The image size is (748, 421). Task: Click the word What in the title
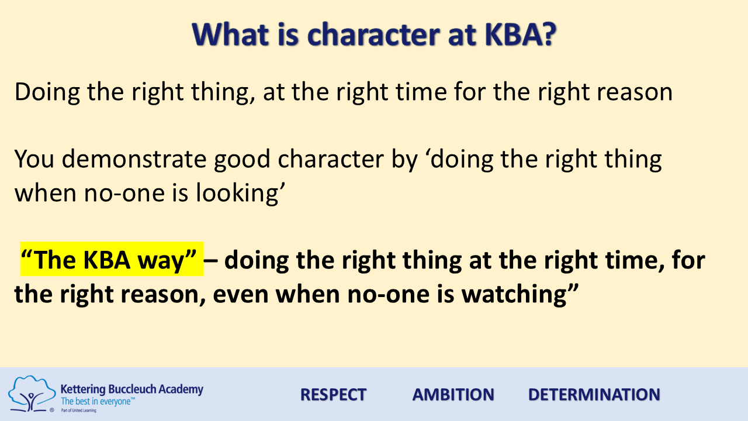pyautogui.click(x=230, y=34)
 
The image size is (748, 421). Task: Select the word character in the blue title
pyautogui.click(x=373, y=35)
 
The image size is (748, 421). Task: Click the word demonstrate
pyautogui.click(x=134, y=159)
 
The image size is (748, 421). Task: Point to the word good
pyautogui.click(x=242, y=159)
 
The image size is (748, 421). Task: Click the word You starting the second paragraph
pyautogui.click(x=34, y=159)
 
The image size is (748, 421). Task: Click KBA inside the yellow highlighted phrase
pyautogui.click(x=106, y=260)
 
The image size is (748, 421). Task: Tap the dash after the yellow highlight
pyautogui.click(x=210, y=261)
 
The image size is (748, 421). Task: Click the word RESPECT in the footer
pyautogui.click(x=333, y=395)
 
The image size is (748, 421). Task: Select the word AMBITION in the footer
pyautogui.click(x=453, y=395)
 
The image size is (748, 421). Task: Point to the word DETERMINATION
pyautogui.click(x=594, y=395)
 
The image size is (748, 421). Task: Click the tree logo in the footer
pyautogui.click(x=32, y=394)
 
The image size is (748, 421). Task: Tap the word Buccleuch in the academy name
pyautogui.click(x=132, y=389)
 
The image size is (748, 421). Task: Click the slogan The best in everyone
pyautogui.click(x=97, y=401)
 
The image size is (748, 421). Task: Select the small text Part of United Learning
pyautogui.click(x=78, y=410)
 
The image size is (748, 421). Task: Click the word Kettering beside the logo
pyautogui.click(x=83, y=390)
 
